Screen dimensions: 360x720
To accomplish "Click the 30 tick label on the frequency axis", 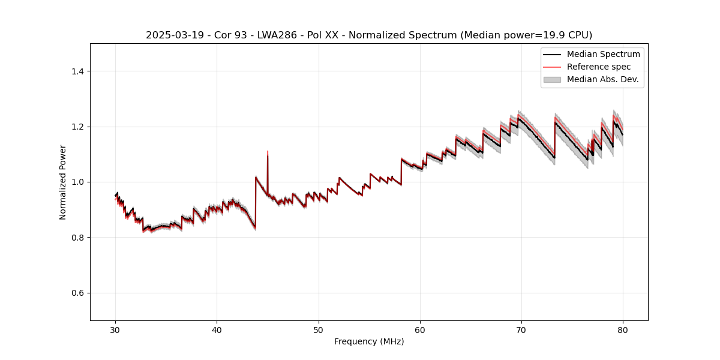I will tap(115, 329).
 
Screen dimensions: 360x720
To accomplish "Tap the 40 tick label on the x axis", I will tap(217, 329).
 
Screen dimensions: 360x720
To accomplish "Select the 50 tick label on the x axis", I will tap(319, 329).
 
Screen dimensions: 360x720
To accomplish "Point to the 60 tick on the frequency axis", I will tap(420, 329).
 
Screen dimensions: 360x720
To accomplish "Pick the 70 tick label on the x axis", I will tap(521, 329).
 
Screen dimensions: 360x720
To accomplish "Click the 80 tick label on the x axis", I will tap(623, 329).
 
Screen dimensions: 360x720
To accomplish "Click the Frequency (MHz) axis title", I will tap(369, 341).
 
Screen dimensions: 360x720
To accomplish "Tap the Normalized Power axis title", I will tap(63, 182).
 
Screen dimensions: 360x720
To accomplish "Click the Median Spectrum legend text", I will tap(603, 54).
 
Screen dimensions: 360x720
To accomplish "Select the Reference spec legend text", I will tap(599, 67).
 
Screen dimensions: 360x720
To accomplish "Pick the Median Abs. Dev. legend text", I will tap(602, 79).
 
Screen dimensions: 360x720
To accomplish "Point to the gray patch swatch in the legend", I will tap(552, 79).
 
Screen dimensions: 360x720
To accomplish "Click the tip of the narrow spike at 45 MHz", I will tap(268, 151).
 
